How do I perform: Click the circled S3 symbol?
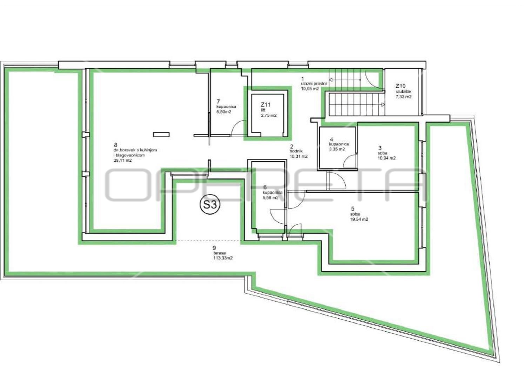tap(210, 205)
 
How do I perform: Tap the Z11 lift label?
tap(265, 104)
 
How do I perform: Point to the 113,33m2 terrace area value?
tap(223, 258)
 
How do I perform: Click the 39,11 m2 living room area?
tap(122, 161)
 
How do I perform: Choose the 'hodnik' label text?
tap(296, 151)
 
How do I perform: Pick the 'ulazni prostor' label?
tap(314, 84)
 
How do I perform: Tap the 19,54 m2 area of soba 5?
tap(359, 220)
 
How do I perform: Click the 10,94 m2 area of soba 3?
tap(386, 158)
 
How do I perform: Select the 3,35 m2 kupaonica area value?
tap(337, 149)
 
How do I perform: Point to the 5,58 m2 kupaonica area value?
tap(271, 198)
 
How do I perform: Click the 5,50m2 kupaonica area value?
tap(224, 112)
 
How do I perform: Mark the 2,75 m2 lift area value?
tap(269, 115)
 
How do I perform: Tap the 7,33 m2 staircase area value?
tap(404, 97)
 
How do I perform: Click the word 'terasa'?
tap(220, 253)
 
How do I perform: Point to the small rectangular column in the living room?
tap(161, 135)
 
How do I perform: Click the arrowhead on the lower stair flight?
tap(383, 105)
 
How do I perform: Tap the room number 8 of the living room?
tap(115, 145)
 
